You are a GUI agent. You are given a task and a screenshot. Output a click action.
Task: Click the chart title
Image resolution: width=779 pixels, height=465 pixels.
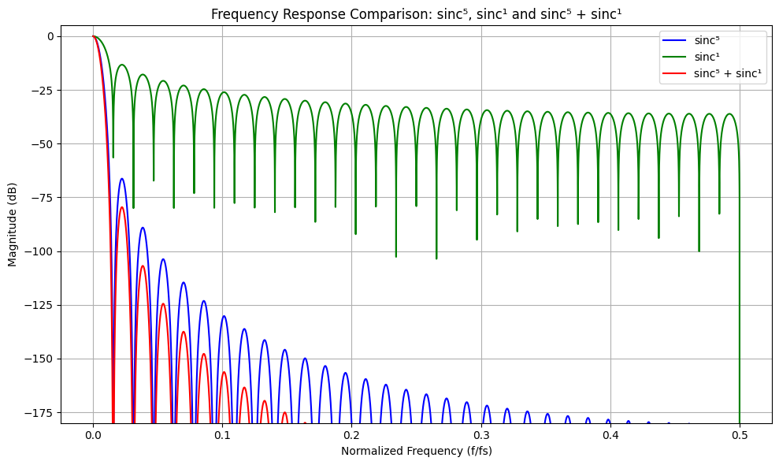point(416,13)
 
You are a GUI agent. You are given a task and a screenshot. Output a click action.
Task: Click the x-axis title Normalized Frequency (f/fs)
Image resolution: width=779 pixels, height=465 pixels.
point(416,451)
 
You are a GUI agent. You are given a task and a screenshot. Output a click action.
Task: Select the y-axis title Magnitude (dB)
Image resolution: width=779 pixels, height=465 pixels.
point(13,224)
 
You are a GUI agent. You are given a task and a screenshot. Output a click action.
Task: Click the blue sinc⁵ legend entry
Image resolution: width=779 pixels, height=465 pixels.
point(707,41)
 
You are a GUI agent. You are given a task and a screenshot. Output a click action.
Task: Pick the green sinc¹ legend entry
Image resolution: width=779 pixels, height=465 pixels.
point(707,58)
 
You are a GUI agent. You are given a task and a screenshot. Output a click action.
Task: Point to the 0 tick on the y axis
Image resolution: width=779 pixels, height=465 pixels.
point(49,36)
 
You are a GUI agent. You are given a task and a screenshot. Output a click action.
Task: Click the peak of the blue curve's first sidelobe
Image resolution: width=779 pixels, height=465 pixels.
point(122,179)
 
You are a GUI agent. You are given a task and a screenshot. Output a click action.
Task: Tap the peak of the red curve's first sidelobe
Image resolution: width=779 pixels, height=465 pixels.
point(122,207)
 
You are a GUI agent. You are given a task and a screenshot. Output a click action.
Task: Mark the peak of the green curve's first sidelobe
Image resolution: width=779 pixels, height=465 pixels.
point(122,65)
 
